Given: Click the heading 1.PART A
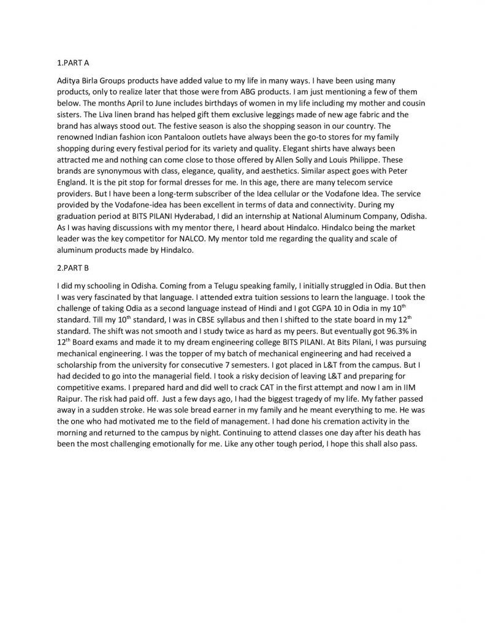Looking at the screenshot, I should pyautogui.click(x=73, y=63).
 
